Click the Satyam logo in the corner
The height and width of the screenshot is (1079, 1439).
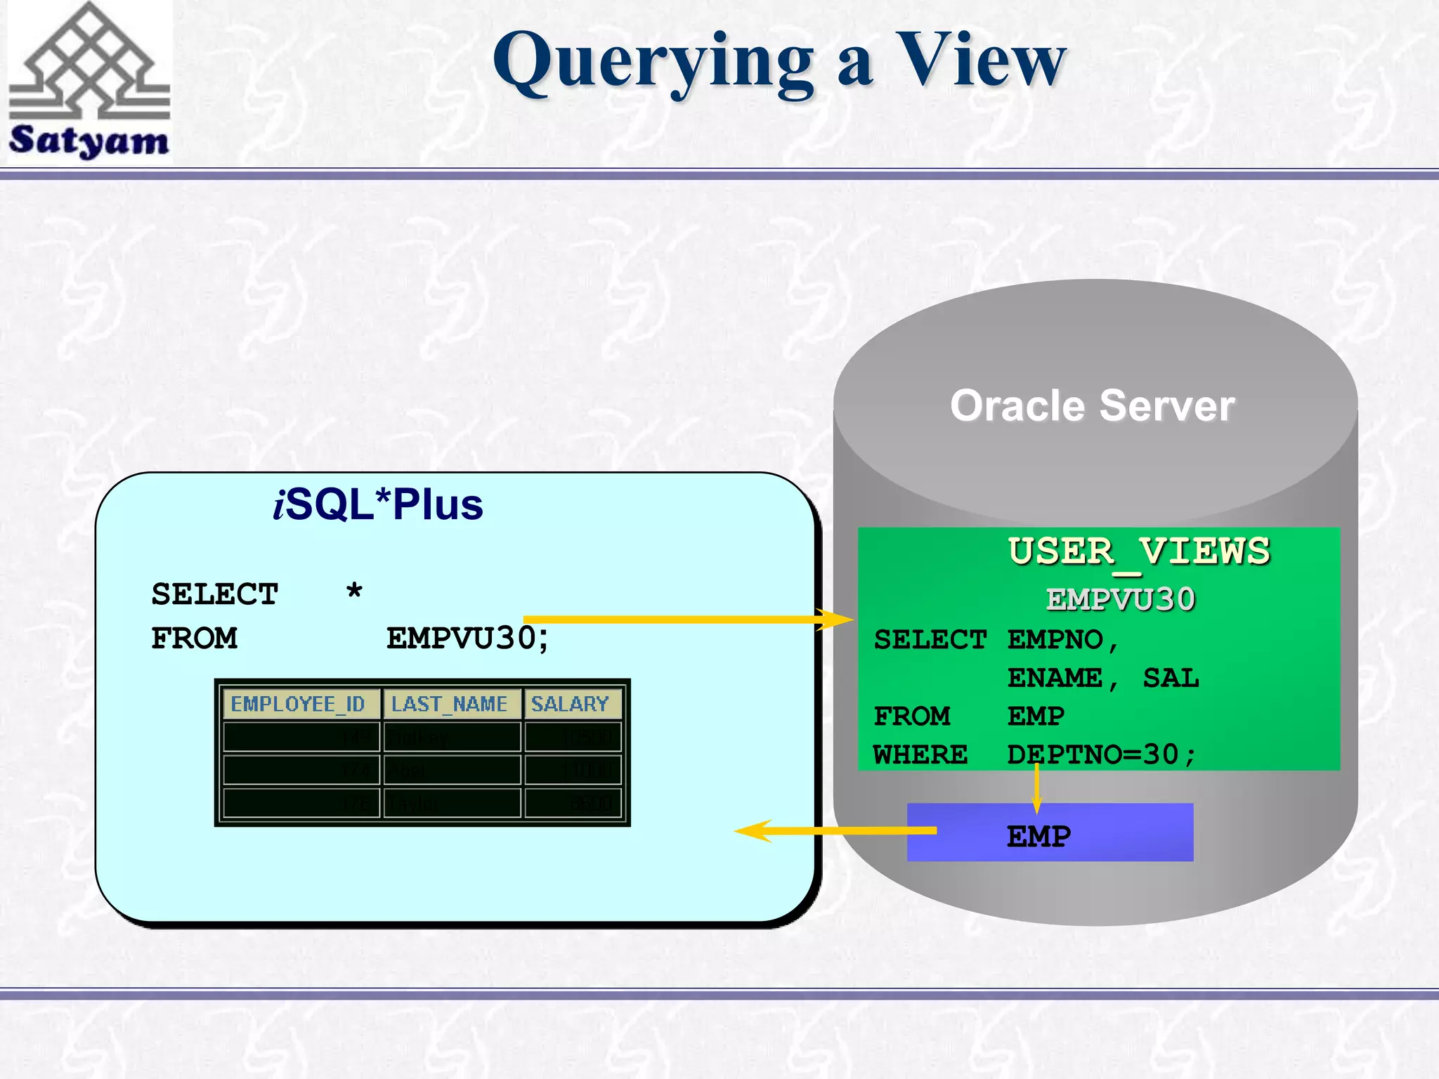89,82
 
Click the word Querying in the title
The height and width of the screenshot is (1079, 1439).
653,63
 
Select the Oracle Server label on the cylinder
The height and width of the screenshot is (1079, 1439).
1092,406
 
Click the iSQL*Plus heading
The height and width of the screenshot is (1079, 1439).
378,504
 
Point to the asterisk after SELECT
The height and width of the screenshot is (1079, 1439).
354,593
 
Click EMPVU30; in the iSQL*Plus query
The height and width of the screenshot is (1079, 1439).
467,638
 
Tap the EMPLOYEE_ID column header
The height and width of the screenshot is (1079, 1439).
298,704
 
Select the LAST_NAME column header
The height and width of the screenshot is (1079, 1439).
450,704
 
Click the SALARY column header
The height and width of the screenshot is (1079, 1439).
570,704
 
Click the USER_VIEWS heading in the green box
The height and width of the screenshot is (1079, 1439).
1138,551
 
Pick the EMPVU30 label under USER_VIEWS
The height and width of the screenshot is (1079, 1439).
1120,599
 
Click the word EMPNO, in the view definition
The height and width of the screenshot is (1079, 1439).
1062,640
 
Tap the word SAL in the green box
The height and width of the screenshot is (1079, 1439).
1171,678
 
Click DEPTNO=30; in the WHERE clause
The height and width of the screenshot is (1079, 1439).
1100,754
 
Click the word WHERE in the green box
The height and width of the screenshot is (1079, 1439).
920,754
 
